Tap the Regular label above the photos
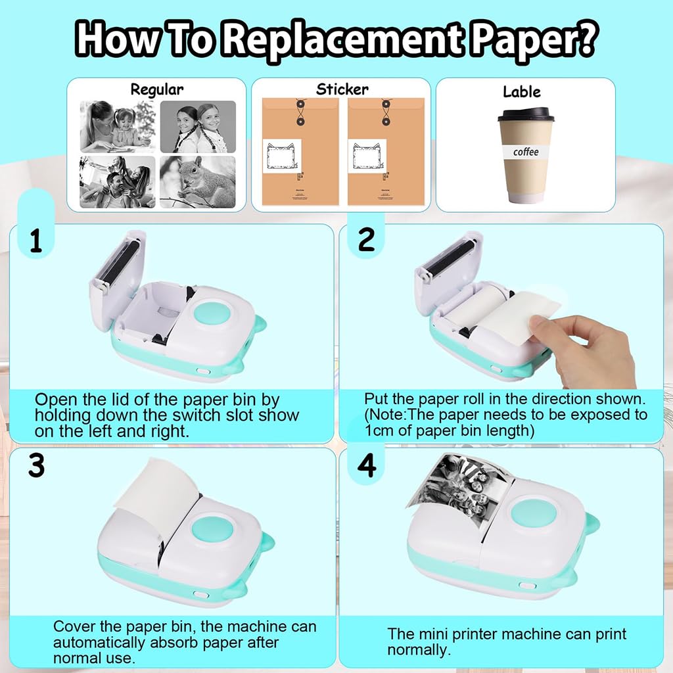(x=156, y=89)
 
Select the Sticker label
(x=342, y=89)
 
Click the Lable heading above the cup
(x=521, y=91)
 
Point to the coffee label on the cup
(x=526, y=152)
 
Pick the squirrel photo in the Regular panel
(x=197, y=182)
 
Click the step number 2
(x=366, y=241)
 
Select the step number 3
(x=36, y=465)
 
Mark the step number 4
(x=366, y=465)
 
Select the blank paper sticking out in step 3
(x=158, y=490)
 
